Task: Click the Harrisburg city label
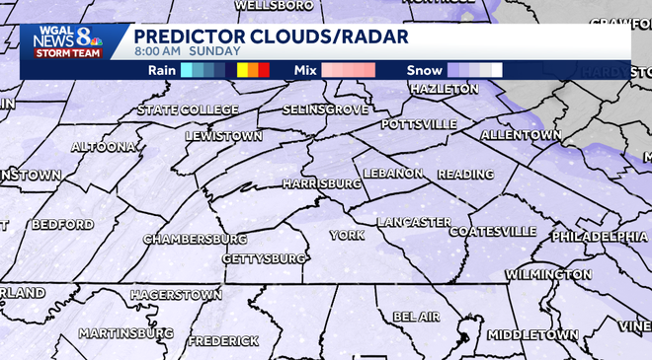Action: pos(321,184)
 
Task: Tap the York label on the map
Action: pos(347,235)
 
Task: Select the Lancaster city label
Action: pos(413,222)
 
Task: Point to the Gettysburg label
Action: pos(263,258)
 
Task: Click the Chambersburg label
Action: pos(195,240)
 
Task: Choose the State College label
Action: pos(188,109)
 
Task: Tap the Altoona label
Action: pos(103,147)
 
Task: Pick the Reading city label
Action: pos(464,175)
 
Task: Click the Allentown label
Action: pos(521,134)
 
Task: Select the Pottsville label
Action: pos(419,124)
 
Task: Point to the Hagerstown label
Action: pos(175,295)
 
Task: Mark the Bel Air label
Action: pos(415,317)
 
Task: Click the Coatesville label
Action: pos(492,232)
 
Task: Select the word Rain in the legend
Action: pos(162,70)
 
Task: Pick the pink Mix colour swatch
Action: pos(347,70)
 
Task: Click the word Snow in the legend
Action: pos(424,70)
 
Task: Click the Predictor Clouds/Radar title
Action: pos(272,35)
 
